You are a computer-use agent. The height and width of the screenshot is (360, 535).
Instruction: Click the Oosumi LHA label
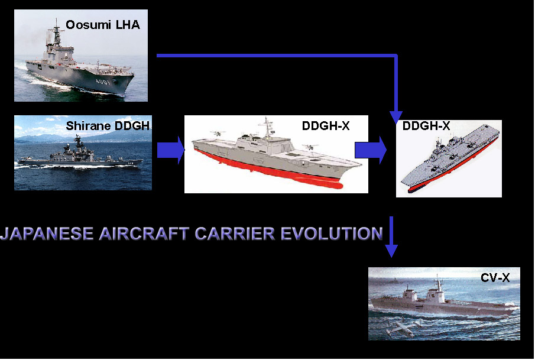[x=103, y=25]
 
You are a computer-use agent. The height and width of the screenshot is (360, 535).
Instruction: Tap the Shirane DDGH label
[x=108, y=126]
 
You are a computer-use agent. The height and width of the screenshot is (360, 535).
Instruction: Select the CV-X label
[x=495, y=278]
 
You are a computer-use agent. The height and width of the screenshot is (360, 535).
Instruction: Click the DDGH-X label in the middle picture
[x=326, y=126]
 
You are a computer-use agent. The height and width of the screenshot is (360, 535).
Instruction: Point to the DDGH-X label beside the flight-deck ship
[x=426, y=126]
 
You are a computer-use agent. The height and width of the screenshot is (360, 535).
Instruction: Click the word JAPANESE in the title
[x=47, y=233]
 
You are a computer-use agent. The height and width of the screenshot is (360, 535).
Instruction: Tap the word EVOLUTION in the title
[x=332, y=233]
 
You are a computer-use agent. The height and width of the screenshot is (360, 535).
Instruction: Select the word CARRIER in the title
[x=235, y=233]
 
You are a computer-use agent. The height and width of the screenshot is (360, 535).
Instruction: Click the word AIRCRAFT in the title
[x=144, y=233]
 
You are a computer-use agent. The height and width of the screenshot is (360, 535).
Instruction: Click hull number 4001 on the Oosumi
[x=103, y=82]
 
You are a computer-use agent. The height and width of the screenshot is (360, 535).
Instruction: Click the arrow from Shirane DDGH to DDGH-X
[x=171, y=150]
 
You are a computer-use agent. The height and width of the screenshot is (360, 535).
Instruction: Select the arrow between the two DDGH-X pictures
[x=371, y=150]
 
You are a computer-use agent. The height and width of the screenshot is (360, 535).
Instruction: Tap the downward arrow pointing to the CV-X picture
[x=391, y=237]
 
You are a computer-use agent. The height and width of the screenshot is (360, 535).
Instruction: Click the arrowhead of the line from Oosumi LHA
[x=396, y=117]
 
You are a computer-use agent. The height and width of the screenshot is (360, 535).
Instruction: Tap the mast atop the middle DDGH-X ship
[x=267, y=127]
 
